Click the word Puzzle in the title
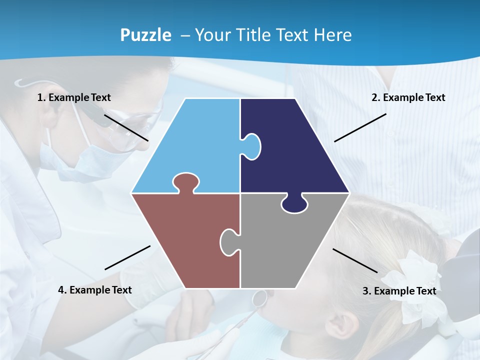145,35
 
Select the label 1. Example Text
74,97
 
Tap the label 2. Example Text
408,97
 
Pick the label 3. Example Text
399,291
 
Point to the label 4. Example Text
95,290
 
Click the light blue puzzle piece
195,145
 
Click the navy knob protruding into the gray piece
294,204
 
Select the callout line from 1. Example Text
126,127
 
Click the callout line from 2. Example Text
360,127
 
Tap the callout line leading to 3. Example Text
355,260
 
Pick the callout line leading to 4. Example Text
127,257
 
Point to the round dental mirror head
259,298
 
